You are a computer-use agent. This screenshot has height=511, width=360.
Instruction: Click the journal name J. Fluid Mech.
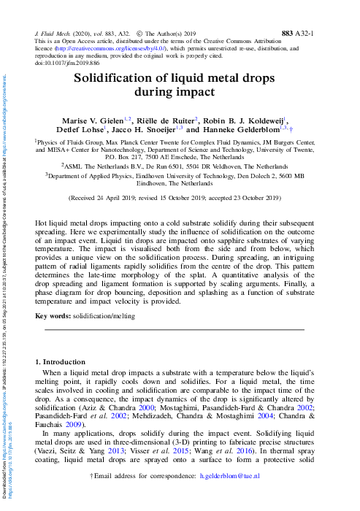[58, 34]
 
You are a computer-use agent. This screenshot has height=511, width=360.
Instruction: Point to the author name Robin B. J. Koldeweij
[244, 120]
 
